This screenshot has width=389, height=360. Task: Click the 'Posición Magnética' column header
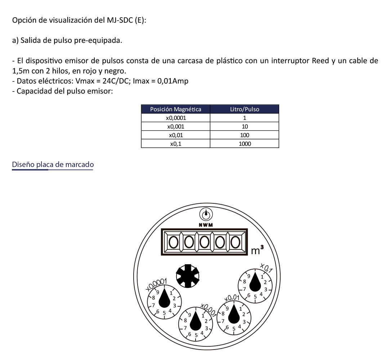[x=175, y=109]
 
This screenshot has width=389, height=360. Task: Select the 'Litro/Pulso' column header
[x=244, y=109]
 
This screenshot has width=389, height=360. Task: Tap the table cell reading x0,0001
[x=175, y=118]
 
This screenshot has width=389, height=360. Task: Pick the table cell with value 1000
[x=244, y=144]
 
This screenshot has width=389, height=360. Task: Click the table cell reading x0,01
[x=175, y=135]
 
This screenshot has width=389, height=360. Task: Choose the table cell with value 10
[x=244, y=126]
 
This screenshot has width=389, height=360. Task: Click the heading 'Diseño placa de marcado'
[x=53, y=165]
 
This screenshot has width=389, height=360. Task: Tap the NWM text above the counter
[x=206, y=225]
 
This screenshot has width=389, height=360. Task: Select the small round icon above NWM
[x=206, y=215]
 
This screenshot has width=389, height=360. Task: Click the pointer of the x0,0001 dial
[x=165, y=298]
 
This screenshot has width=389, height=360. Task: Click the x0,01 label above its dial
[x=232, y=298]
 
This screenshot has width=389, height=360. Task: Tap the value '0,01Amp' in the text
[x=174, y=81]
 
